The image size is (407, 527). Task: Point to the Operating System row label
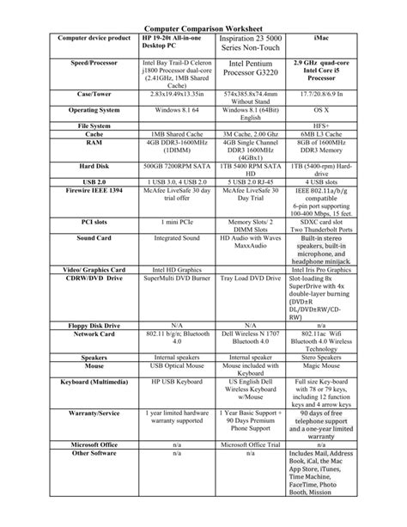[94, 111]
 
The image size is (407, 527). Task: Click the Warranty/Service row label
[94, 414]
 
